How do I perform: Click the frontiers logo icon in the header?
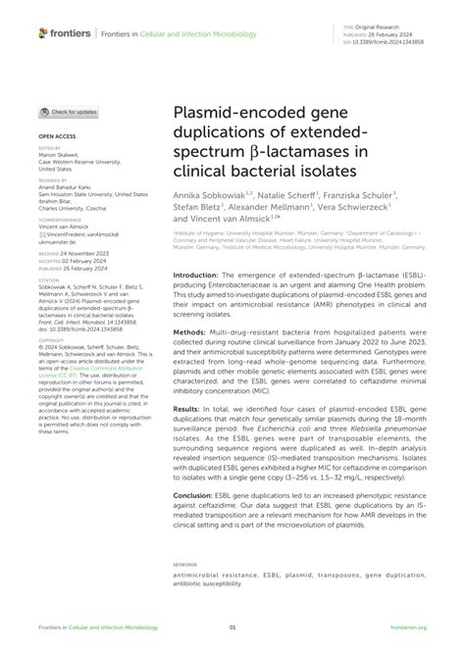pos(44,34)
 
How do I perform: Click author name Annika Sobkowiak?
pos(208,196)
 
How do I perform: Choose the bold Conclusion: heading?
pos(194,523)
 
